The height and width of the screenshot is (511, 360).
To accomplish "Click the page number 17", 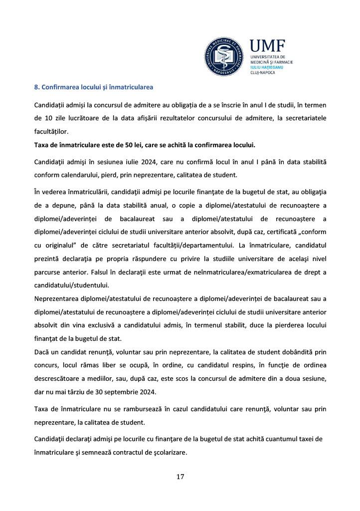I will [180, 477].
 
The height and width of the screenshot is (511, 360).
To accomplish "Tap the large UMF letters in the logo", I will [267, 47].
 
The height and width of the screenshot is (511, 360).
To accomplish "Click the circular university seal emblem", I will [225, 55].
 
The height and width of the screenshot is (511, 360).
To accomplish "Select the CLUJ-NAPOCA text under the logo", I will [262, 72].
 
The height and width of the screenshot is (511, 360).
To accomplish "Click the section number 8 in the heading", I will [36, 87].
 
